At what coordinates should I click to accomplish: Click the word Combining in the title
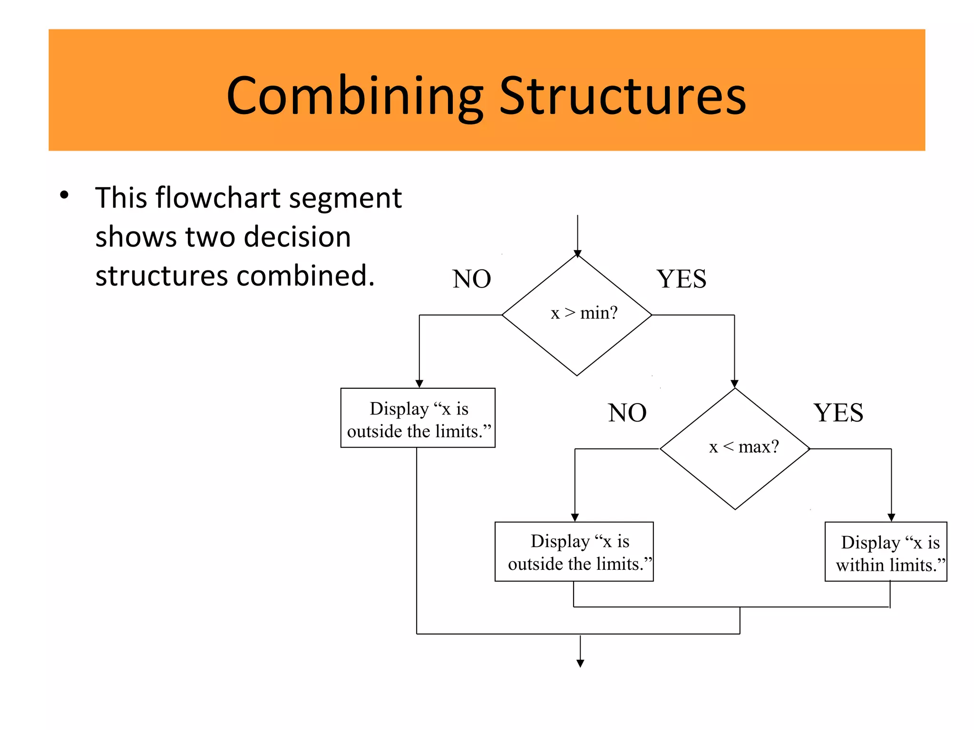(x=354, y=96)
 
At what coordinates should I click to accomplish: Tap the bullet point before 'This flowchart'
(x=64, y=195)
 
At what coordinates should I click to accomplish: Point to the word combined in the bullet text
(x=305, y=276)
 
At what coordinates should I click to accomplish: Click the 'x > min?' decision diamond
(x=577, y=315)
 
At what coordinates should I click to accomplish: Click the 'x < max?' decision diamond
(x=735, y=449)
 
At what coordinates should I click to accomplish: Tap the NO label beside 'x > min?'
(x=471, y=279)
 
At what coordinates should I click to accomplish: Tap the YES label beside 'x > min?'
(x=681, y=279)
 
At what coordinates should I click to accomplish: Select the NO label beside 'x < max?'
(x=627, y=413)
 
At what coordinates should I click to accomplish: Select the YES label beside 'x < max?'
(x=838, y=413)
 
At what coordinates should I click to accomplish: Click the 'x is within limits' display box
(x=886, y=551)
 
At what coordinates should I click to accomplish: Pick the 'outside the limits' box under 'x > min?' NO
(x=418, y=418)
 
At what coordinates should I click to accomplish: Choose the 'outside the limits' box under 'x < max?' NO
(x=574, y=551)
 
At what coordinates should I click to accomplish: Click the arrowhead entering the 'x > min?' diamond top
(x=577, y=253)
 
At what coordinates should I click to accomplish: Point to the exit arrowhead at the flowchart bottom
(x=580, y=663)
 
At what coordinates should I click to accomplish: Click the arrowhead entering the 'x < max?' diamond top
(x=734, y=384)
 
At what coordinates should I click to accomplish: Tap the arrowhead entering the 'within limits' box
(x=891, y=518)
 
